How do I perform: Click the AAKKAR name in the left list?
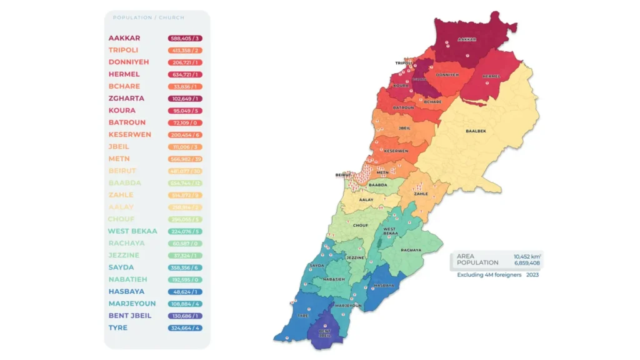pyautogui.click(x=124, y=38)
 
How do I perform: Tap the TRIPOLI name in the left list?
pyautogui.click(x=124, y=50)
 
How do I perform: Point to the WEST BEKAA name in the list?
pyautogui.click(x=131, y=231)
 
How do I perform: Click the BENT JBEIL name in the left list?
pyautogui.click(x=129, y=316)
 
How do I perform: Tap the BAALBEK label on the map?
pyautogui.click(x=476, y=131)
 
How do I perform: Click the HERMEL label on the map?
pyautogui.click(x=492, y=76)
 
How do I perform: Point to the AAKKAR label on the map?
pyautogui.click(x=467, y=39)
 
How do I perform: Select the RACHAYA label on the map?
pyautogui.click(x=411, y=250)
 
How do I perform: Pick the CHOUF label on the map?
pyautogui.click(x=361, y=225)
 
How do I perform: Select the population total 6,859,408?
pyautogui.click(x=527, y=263)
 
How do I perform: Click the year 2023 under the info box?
pyautogui.click(x=532, y=274)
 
